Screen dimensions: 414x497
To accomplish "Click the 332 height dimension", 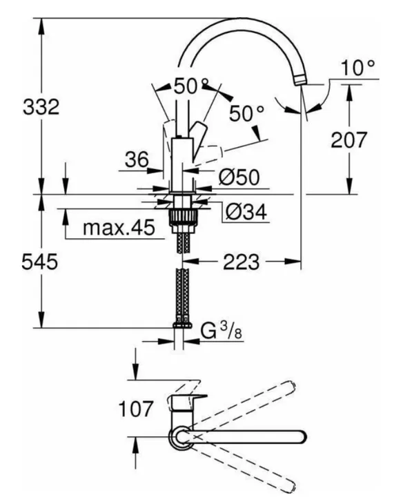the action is [41, 106].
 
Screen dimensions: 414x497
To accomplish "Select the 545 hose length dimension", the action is [40, 262].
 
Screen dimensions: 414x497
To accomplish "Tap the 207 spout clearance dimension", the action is [348, 139].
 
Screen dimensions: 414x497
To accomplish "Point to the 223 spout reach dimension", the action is [241, 262].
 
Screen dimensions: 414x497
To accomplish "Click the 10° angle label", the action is [358, 68].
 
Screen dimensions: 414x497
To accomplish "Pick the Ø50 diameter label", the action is [239, 177].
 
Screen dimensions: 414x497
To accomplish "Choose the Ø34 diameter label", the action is [246, 211].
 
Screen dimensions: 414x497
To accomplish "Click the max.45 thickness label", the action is [119, 227].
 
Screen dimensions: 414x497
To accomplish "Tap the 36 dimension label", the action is [137, 159].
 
